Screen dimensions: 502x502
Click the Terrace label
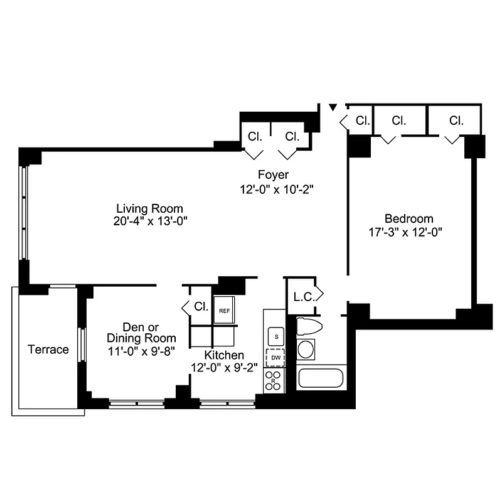pyautogui.click(x=48, y=350)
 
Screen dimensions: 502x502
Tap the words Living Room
pyautogui.click(x=149, y=208)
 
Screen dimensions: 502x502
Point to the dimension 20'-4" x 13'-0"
pyautogui.click(x=149, y=221)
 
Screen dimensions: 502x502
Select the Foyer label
pyautogui.click(x=273, y=174)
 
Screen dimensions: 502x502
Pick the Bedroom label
pyautogui.click(x=409, y=218)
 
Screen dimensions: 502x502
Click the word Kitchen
pyautogui.click(x=224, y=355)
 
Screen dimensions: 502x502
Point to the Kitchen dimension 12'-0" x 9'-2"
pyautogui.click(x=224, y=368)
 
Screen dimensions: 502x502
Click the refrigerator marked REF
pyautogui.click(x=224, y=310)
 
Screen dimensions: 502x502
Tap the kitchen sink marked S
pyautogui.click(x=275, y=336)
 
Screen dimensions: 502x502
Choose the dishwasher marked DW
pyautogui.click(x=275, y=358)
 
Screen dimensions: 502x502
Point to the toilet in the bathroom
pyautogui.click(x=309, y=327)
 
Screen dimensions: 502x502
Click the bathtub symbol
pyautogui.click(x=321, y=378)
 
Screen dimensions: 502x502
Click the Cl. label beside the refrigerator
pyautogui.click(x=201, y=307)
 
